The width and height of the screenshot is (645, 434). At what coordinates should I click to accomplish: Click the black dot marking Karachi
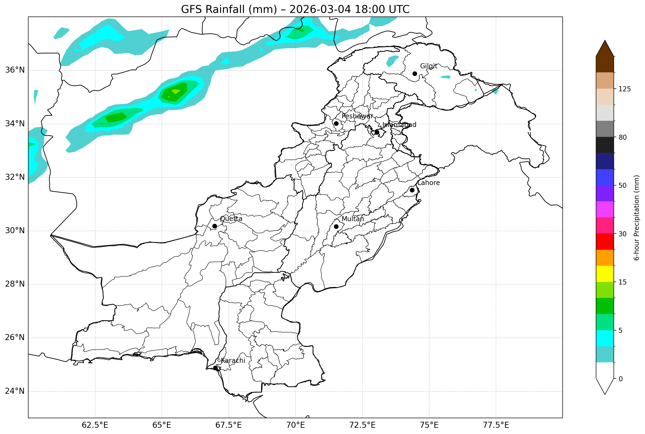(x=215, y=368)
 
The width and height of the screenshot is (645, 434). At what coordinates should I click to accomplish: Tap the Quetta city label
(x=231, y=219)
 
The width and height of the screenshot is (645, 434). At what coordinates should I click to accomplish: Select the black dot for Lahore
(x=412, y=190)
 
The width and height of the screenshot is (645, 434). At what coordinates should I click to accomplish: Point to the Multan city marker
(x=336, y=226)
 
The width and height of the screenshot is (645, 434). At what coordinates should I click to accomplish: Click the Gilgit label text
(x=429, y=66)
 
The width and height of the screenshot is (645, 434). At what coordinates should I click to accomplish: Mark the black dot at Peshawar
(x=336, y=123)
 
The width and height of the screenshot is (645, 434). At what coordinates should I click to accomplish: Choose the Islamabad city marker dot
(x=377, y=132)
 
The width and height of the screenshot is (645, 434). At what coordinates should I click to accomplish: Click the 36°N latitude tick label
(x=15, y=70)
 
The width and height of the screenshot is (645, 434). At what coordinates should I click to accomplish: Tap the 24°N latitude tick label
(x=15, y=391)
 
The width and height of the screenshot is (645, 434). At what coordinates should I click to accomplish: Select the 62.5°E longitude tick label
(x=95, y=425)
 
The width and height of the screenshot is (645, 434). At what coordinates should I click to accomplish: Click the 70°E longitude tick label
(x=295, y=425)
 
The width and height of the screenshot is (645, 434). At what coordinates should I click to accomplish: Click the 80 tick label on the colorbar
(x=622, y=137)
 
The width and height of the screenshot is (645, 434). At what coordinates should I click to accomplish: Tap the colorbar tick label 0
(x=621, y=379)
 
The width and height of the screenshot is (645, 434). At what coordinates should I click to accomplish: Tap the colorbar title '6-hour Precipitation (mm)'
(x=636, y=218)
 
